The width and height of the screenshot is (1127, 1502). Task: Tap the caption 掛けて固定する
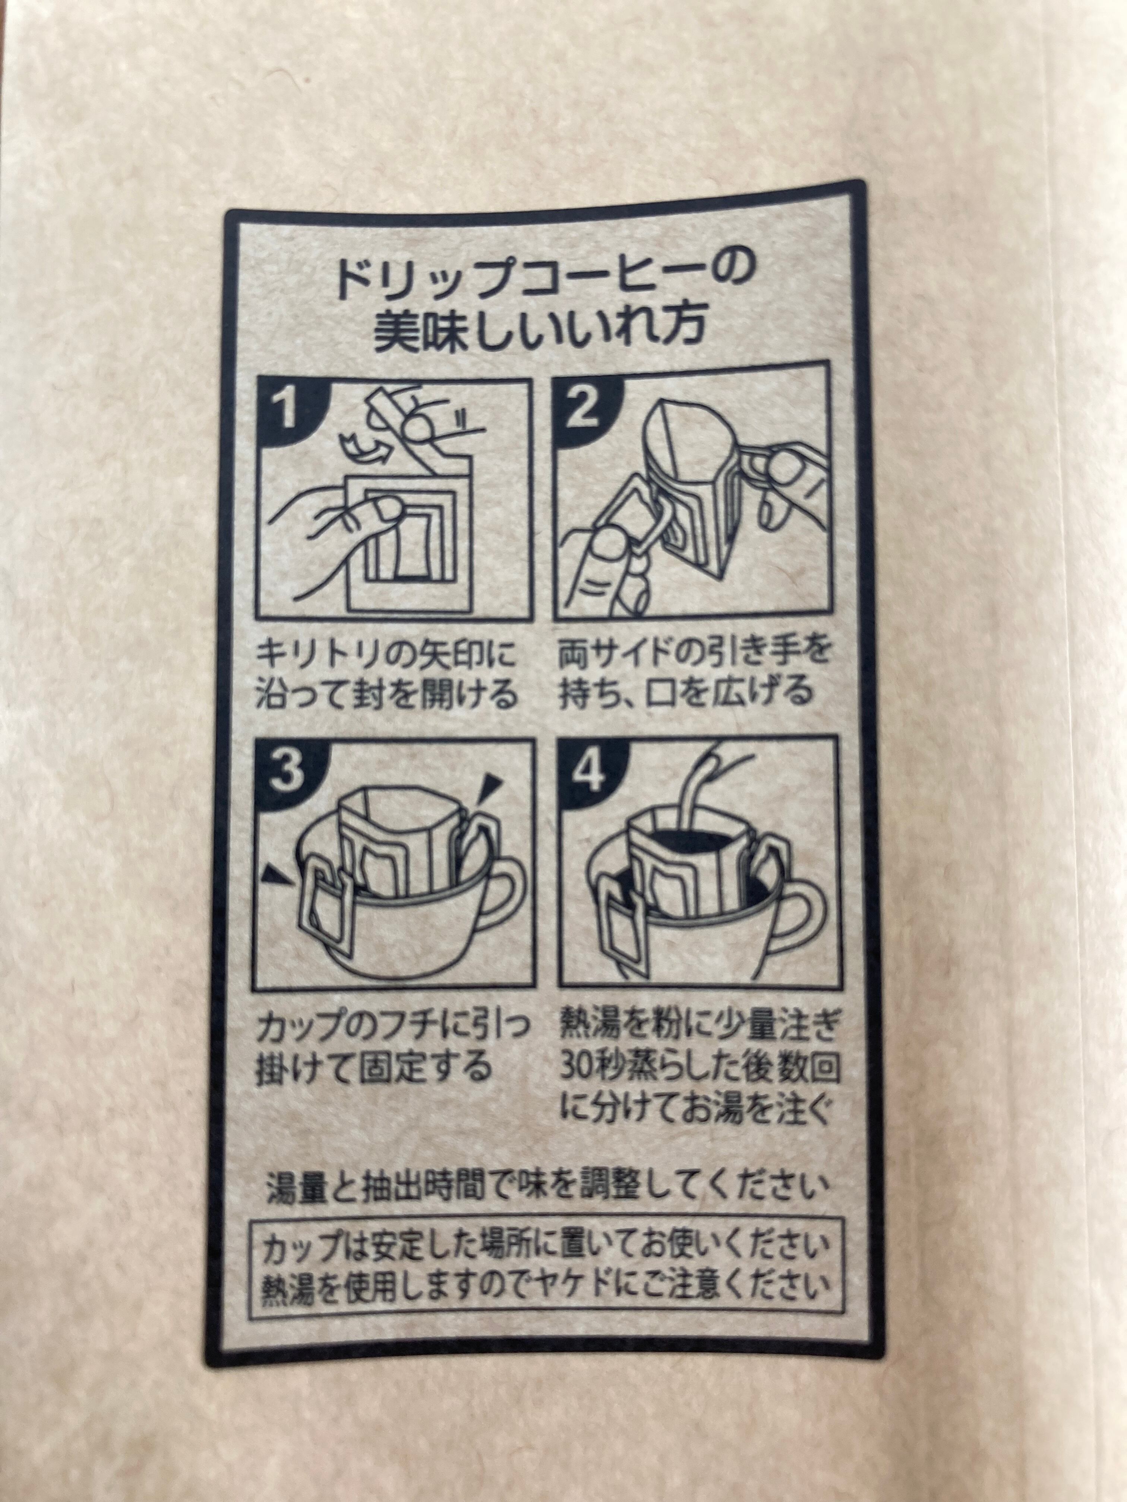click(x=372, y=1068)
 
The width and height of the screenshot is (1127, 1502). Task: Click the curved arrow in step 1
click(x=360, y=448)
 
